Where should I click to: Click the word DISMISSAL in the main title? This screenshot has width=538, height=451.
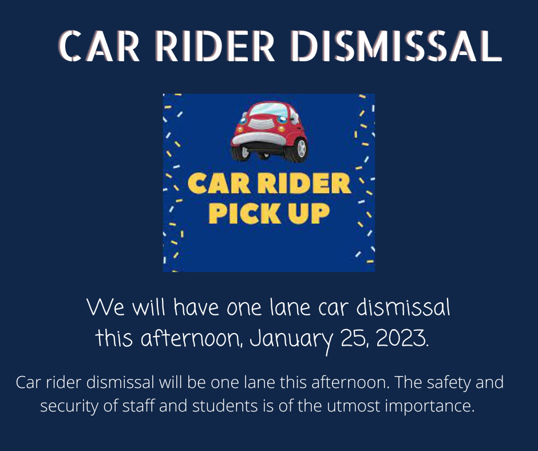(x=396, y=46)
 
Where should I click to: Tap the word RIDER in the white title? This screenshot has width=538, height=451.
(x=215, y=46)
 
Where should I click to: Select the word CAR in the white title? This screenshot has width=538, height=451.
(x=99, y=46)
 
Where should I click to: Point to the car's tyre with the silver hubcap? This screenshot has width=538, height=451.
(x=298, y=149)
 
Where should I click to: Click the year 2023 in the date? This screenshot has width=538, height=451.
(x=402, y=338)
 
